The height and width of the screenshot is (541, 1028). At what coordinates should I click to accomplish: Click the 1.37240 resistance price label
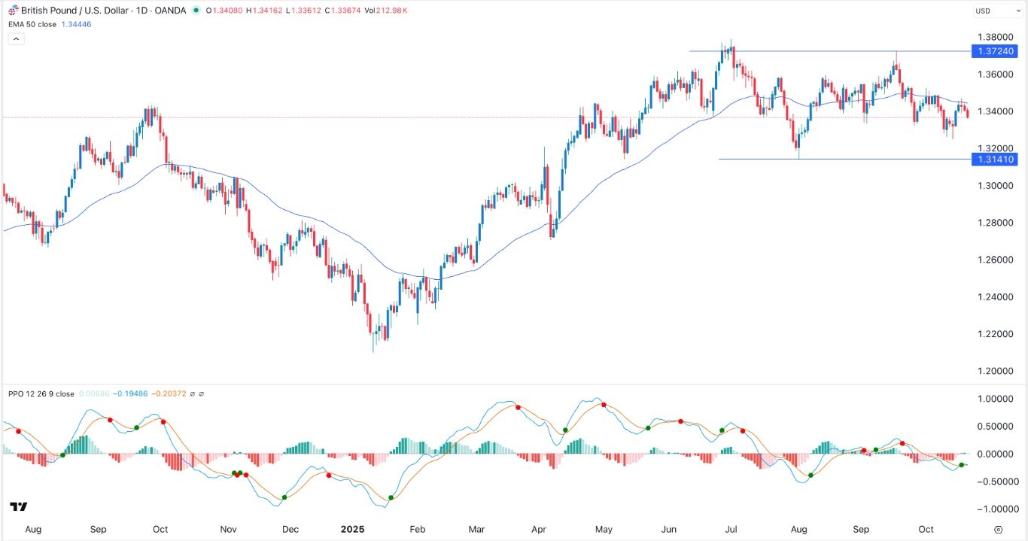click(x=994, y=51)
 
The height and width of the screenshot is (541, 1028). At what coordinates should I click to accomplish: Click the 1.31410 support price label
click(x=994, y=160)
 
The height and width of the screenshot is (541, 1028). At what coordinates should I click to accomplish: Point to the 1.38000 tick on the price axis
click(x=994, y=37)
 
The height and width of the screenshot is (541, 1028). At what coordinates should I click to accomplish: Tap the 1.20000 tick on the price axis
click(x=994, y=371)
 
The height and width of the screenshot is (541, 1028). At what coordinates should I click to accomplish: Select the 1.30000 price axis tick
click(x=994, y=186)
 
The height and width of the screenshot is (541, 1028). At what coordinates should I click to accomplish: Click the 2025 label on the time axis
click(x=352, y=529)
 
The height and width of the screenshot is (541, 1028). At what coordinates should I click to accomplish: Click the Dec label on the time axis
click(x=291, y=529)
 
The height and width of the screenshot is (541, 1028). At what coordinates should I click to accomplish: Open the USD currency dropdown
click(x=987, y=11)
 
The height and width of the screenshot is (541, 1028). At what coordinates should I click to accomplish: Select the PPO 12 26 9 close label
click(x=41, y=394)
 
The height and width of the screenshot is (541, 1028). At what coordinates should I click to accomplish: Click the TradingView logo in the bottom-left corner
click(x=19, y=507)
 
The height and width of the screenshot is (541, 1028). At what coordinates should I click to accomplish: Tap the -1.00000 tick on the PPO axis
click(x=993, y=509)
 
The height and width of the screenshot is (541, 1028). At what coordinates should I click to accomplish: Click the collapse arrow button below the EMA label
click(x=17, y=38)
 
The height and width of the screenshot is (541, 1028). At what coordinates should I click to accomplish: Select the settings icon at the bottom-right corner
click(x=998, y=529)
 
